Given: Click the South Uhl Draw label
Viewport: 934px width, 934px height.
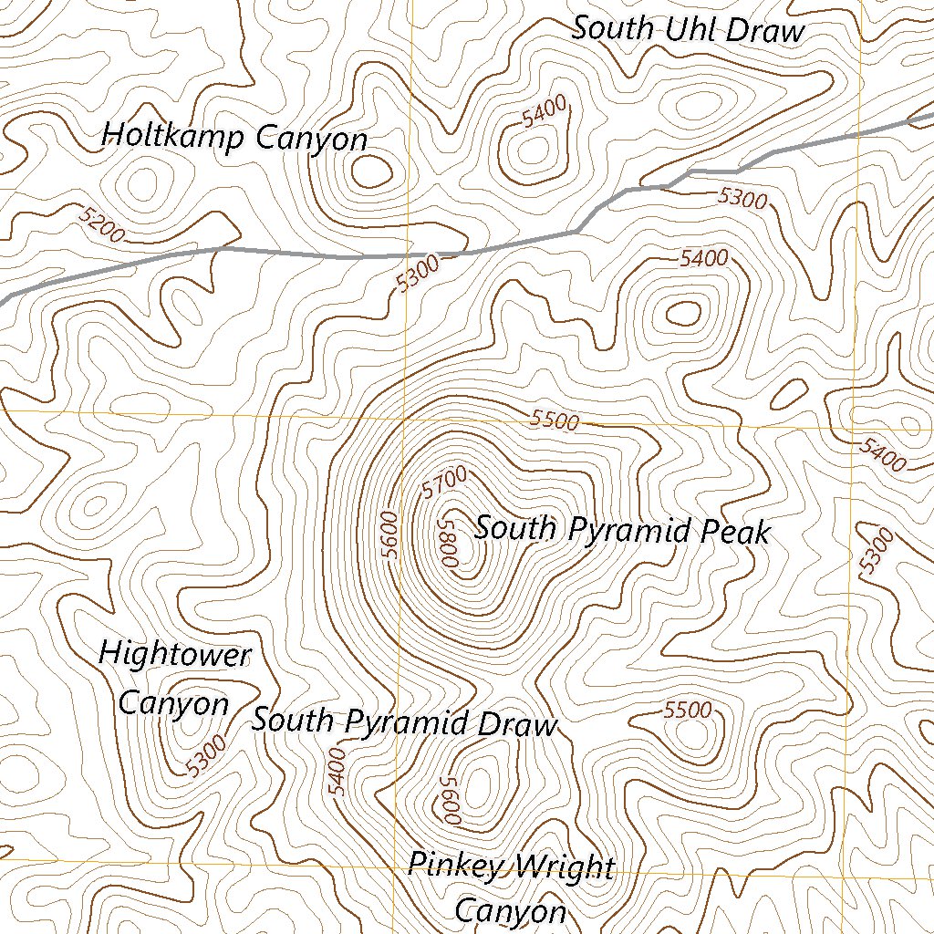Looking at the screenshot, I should (688, 29).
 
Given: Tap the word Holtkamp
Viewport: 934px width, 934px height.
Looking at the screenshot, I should (173, 137).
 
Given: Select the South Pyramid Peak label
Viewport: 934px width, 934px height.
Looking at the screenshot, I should (622, 530).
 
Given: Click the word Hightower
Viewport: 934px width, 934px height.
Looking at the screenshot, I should (173, 654).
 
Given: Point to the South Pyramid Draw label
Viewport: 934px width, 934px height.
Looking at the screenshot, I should (403, 721).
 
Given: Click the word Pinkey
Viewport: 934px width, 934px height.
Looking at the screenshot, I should (453, 865).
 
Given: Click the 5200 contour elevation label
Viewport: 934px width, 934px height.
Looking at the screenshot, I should (101, 224).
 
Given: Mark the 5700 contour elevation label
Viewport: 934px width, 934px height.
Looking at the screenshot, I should (444, 482).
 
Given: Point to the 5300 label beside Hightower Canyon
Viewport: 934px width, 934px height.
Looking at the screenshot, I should (204, 756).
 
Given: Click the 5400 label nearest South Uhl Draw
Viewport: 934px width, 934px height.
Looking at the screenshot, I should (545, 113).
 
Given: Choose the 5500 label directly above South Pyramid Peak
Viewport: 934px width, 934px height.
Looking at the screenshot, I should (555, 420).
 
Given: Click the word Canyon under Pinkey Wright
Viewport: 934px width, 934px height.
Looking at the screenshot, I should (510, 911).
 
